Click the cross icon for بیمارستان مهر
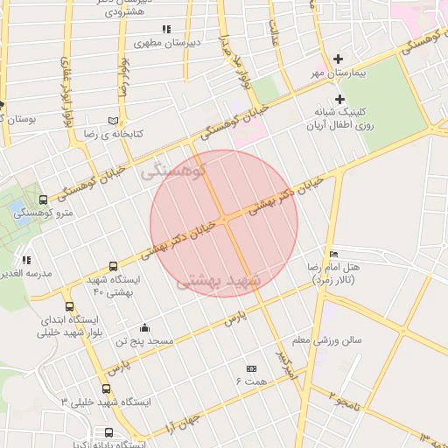[339, 59]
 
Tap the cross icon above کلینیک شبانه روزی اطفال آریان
[339, 98]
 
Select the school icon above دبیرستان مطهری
[167, 30]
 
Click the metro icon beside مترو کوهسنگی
[44, 200]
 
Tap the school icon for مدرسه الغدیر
[26, 260]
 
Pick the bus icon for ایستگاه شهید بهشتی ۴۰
[113, 266]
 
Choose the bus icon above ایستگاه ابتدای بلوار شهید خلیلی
[70, 306]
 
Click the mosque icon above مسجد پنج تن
[145, 328]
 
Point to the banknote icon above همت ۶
[251, 368]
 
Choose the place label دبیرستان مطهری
[169, 42]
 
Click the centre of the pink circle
[224, 223]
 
